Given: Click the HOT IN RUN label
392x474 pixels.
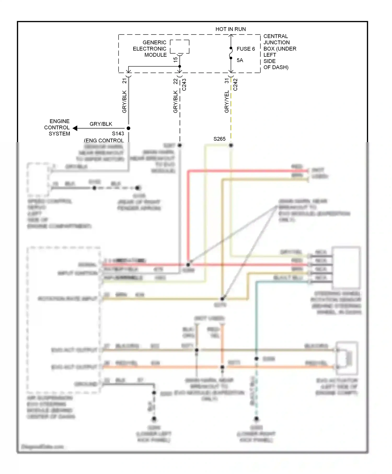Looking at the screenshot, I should click(230, 29).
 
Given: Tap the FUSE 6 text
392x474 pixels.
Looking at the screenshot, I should click(246, 49).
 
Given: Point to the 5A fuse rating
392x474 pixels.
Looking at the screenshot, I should click(240, 60).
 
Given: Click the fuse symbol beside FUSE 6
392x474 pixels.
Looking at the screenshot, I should click(231, 53).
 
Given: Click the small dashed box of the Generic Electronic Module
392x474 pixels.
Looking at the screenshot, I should click(180, 47).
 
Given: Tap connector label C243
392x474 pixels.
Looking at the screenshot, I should click(184, 85).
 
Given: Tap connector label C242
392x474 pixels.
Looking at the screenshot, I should click(235, 85).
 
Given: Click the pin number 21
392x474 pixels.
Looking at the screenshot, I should click(124, 81).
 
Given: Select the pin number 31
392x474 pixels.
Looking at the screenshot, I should click(227, 81).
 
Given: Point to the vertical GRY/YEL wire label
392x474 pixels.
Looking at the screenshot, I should click(227, 102).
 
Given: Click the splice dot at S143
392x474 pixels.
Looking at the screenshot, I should click(128, 128).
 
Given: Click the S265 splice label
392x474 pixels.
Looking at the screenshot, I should click(219, 139).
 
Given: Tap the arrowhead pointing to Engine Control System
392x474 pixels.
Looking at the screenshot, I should click(75, 128).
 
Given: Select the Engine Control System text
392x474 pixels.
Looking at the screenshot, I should click(57, 128).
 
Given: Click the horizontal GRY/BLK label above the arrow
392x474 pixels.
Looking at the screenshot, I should click(101, 124).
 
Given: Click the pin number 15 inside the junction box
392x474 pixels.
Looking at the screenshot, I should click(175, 60).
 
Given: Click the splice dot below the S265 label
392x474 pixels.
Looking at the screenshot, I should click(231, 145).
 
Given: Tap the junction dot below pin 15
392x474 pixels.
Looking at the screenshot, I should click(180, 66).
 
